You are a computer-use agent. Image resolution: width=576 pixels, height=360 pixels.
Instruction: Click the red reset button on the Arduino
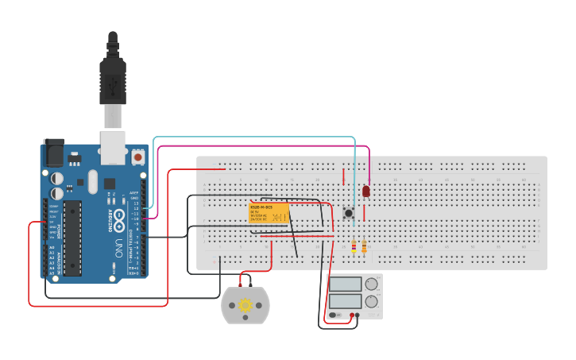coord(139,157)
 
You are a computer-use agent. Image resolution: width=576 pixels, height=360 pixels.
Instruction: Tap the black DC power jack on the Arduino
coord(54,152)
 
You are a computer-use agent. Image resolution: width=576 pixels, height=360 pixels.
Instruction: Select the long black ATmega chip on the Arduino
coord(72,237)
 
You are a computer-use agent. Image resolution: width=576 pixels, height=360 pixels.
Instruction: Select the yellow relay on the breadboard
coord(268,213)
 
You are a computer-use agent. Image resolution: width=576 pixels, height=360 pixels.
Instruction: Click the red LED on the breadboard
coord(366,192)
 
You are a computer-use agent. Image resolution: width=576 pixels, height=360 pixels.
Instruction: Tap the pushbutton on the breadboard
coord(348,213)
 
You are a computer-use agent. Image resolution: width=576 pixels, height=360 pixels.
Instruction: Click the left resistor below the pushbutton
coord(354,247)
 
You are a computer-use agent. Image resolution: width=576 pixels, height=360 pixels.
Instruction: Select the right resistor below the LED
coord(364,247)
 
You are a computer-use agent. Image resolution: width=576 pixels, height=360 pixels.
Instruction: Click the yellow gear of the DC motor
coord(245,306)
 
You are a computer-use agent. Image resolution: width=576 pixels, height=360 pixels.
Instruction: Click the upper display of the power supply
coord(346,284)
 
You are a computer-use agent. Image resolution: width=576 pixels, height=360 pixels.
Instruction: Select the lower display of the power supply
coord(346,300)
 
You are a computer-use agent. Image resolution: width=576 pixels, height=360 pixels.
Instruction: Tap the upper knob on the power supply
coord(371,284)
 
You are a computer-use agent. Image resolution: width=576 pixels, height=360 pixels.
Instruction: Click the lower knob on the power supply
coord(371,300)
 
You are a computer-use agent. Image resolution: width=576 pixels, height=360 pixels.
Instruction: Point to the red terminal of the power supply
coord(350,315)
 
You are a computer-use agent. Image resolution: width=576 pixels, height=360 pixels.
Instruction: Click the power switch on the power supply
coord(335,315)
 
